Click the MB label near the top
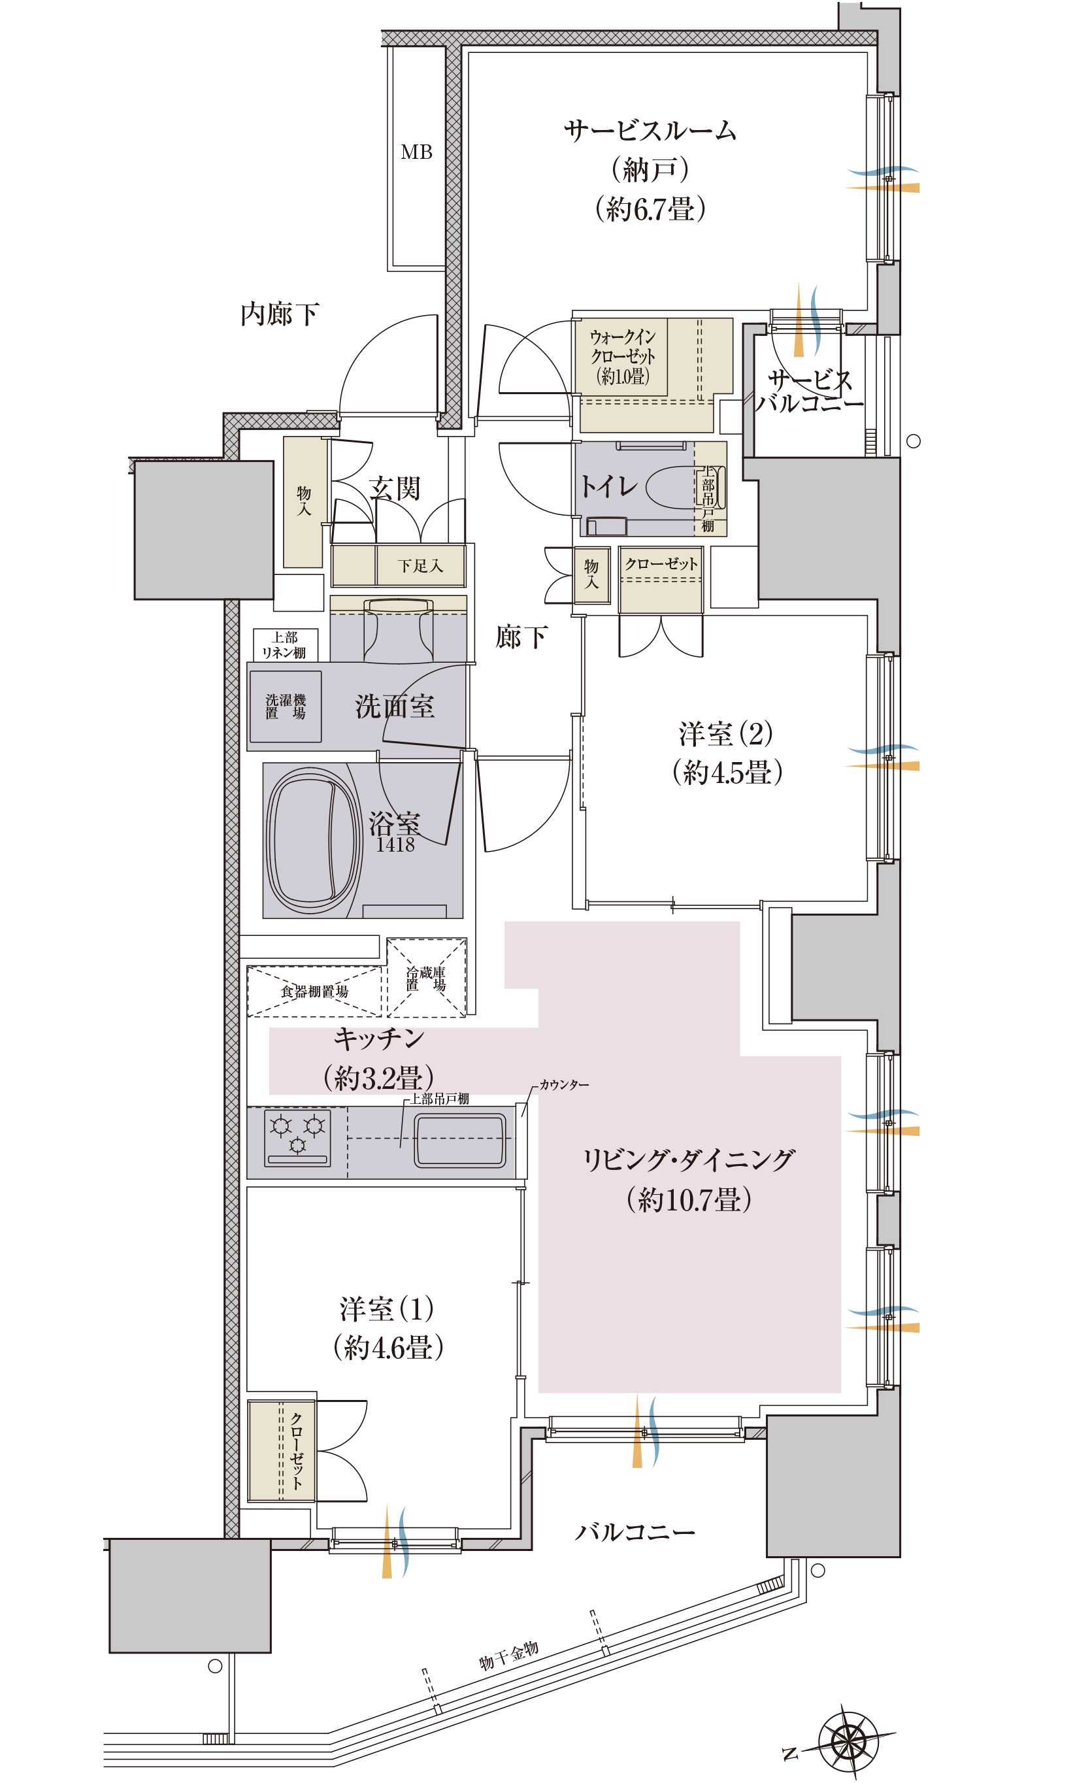pos(416,152)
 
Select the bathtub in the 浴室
pos(314,840)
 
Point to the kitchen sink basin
pos(460,1141)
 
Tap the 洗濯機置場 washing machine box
pos(285,707)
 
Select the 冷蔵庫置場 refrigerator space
pos(427,978)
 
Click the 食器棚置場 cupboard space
pos(314,991)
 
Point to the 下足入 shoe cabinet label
pos(420,566)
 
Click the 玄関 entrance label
pos(394,489)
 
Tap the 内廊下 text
pos(280,314)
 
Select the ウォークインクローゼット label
pos(623,356)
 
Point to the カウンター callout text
pos(564,1085)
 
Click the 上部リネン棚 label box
pos(285,645)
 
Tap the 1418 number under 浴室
pos(395,844)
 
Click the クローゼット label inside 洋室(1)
pos(297,1450)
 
